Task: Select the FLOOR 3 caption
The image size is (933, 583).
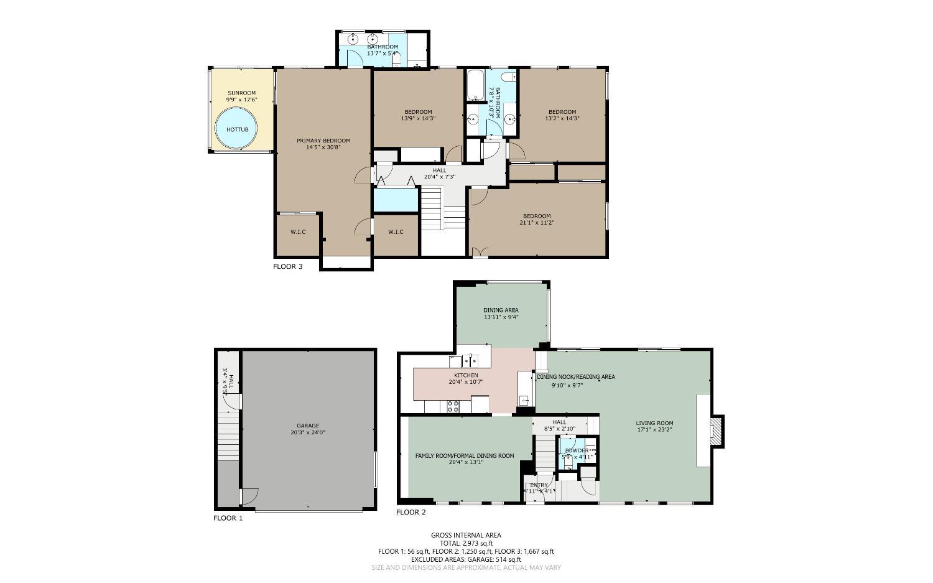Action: click(x=287, y=267)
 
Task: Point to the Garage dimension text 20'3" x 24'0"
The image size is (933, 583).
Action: click(x=307, y=432)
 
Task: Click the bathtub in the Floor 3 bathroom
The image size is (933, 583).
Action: click(x=476, y=85)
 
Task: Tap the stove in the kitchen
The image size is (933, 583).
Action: click(x=453, y=406)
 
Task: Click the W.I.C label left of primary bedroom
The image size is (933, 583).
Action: click(x=298, y=232)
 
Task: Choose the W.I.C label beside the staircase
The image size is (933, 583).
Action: click(x=396, y=232)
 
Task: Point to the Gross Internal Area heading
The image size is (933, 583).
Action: click(x=466, y=535)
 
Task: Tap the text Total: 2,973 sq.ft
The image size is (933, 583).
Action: click(x=466, y=543)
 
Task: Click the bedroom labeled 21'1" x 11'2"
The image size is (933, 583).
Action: click(x=537, y=219)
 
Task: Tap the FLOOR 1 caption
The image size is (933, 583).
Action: click(x=228, y=518)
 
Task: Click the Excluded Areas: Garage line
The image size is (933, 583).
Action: click(x=466, y=559)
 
